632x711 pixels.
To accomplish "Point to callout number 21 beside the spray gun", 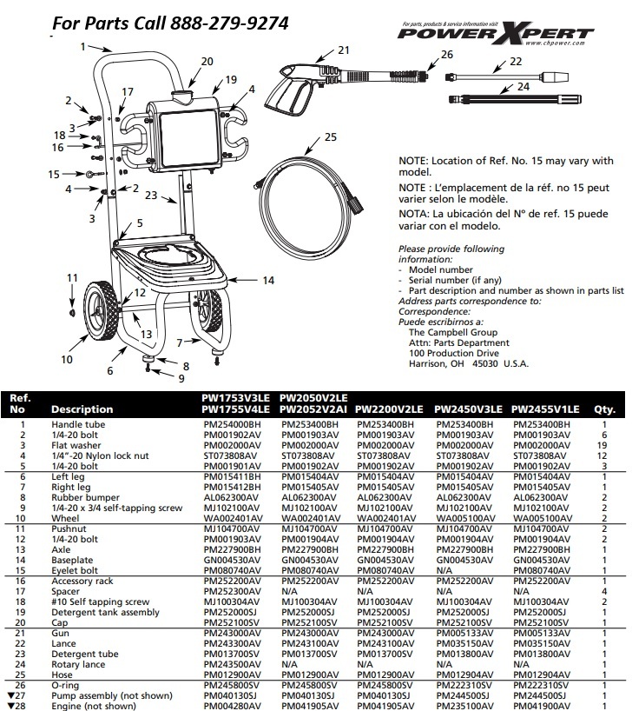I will (x=343, y=50).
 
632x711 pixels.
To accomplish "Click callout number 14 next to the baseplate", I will (x=268, y=280).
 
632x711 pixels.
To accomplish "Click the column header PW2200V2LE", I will (x=390, y=409).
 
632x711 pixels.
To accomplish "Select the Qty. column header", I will (x=603, y=409).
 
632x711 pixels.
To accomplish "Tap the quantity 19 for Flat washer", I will (x=602, y=444).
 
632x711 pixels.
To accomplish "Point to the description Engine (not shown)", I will (x=94, y=706).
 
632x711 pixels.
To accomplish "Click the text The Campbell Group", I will (x=452, y=332).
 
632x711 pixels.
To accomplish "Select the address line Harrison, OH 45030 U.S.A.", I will (x=468, y=363).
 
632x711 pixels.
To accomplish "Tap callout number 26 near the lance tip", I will (x=447, y=55).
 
